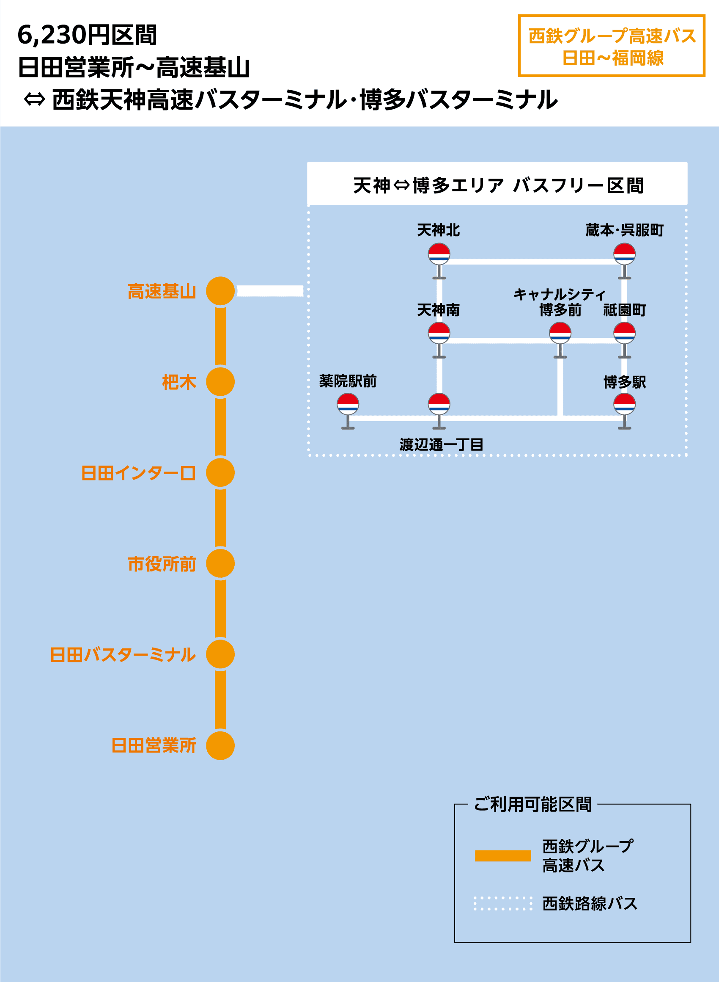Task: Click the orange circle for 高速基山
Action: click(x=220, y=291)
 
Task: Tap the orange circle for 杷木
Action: click(x=220, y=382)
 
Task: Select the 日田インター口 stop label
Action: click(x=138, y=473)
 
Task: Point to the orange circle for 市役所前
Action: click(x=220, y=563)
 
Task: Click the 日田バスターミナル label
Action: click(x=123, y=654)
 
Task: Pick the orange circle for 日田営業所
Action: click(x=220, y=745)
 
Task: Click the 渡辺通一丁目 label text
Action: click(x=441, y=444)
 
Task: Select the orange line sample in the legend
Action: click(x=503, y=856)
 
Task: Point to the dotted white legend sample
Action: click(x=503, y=903)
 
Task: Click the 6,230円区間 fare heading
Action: click(x=87, y=35)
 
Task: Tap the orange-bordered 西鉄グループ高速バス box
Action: click(x=612, y=46)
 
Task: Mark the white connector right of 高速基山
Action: click(x=270, y=291)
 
